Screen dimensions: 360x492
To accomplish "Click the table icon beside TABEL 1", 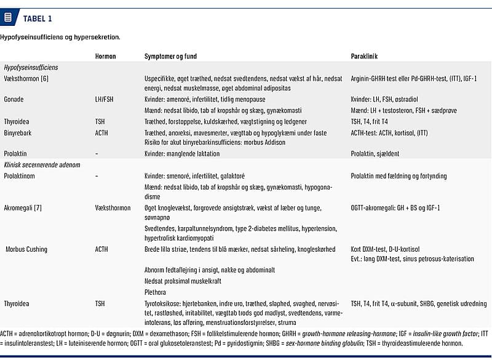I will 7,17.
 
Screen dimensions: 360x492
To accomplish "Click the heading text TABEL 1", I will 38,18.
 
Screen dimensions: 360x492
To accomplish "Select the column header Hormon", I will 105,56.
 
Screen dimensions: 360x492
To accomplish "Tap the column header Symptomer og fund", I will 170,56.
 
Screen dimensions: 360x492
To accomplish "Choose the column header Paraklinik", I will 364,56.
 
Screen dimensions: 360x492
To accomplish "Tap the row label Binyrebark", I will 18,133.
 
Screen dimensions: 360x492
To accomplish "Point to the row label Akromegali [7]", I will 27,208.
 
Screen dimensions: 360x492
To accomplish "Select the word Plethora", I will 156,292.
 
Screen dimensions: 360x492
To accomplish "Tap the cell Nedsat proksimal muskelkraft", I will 183,281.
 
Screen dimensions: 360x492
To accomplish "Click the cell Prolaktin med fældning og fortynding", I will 399,176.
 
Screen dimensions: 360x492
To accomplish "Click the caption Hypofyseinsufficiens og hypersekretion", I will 60,37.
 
